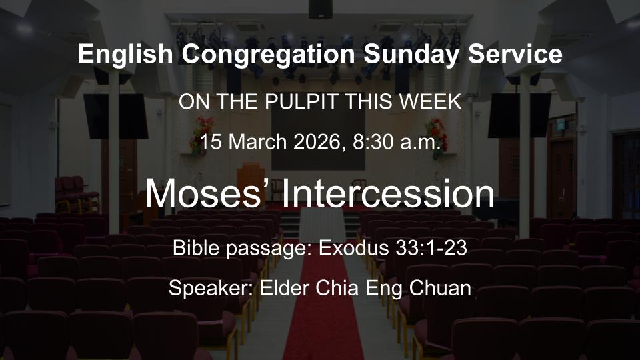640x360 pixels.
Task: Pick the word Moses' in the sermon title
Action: point(207,193)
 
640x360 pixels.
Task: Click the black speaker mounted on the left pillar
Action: point(115,115)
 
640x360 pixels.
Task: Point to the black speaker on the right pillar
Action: point(519,115)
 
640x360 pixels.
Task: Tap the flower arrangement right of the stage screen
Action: point(437,133)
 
